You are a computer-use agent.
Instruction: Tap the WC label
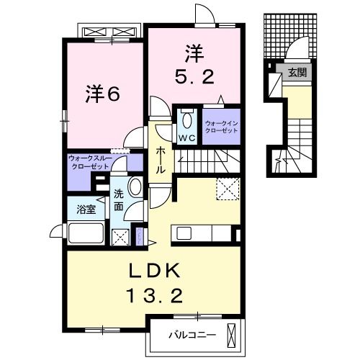(x=186, y=138)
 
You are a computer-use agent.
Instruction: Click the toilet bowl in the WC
(x=186, y=120)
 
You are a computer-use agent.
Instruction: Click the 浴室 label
(x=86, y=209)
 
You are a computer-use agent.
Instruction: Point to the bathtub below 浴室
(x=86, y=235)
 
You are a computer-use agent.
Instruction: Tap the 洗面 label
(x=119, y=200)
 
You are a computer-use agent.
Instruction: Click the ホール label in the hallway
(x=160, y=159)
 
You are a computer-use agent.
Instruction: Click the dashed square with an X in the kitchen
(x=228, y=189)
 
